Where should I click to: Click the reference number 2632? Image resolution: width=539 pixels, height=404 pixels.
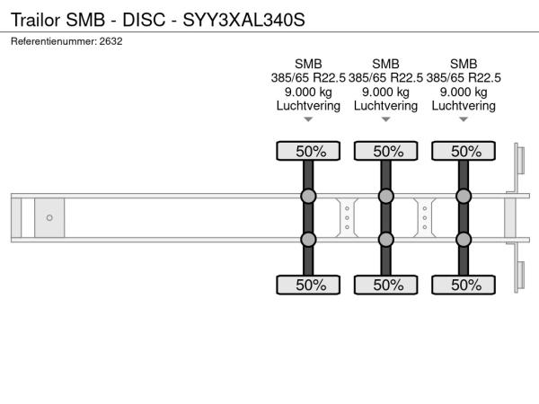(110, 41)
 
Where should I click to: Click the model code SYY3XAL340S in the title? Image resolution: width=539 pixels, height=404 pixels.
(243, 20)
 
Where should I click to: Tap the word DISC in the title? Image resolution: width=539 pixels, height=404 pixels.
(144, 20)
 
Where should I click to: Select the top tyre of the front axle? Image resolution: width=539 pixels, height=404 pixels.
(308, 151)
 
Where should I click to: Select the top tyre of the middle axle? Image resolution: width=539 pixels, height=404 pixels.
(386, 151)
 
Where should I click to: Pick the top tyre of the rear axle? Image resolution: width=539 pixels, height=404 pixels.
(464, 151)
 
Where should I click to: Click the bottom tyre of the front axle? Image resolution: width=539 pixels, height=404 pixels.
(308, 285)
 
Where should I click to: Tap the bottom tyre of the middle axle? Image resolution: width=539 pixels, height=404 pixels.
(386, 285)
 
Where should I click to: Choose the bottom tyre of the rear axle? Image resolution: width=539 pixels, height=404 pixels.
(464, 285)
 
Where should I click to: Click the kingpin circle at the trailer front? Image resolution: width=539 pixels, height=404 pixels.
(49, 218)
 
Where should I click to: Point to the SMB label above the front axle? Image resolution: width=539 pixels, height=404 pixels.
(308, 64)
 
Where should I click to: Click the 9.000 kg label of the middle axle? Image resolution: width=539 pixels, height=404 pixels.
(385, 92)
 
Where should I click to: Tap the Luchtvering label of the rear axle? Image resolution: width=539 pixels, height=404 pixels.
(464, 106)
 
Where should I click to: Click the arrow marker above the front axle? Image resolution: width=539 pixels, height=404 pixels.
(308, 119)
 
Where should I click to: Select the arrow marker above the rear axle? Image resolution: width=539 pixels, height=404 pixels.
(464, 119)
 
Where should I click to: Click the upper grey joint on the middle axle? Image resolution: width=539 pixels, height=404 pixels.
(386, 196)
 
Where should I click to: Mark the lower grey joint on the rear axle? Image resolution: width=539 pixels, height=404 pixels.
(464, 240)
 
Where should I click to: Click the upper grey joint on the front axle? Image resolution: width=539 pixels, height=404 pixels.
(308, 196)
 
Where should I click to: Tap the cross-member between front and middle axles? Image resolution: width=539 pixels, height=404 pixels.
(347, 218)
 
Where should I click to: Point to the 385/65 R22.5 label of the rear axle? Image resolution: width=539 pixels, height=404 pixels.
(464, 78)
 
